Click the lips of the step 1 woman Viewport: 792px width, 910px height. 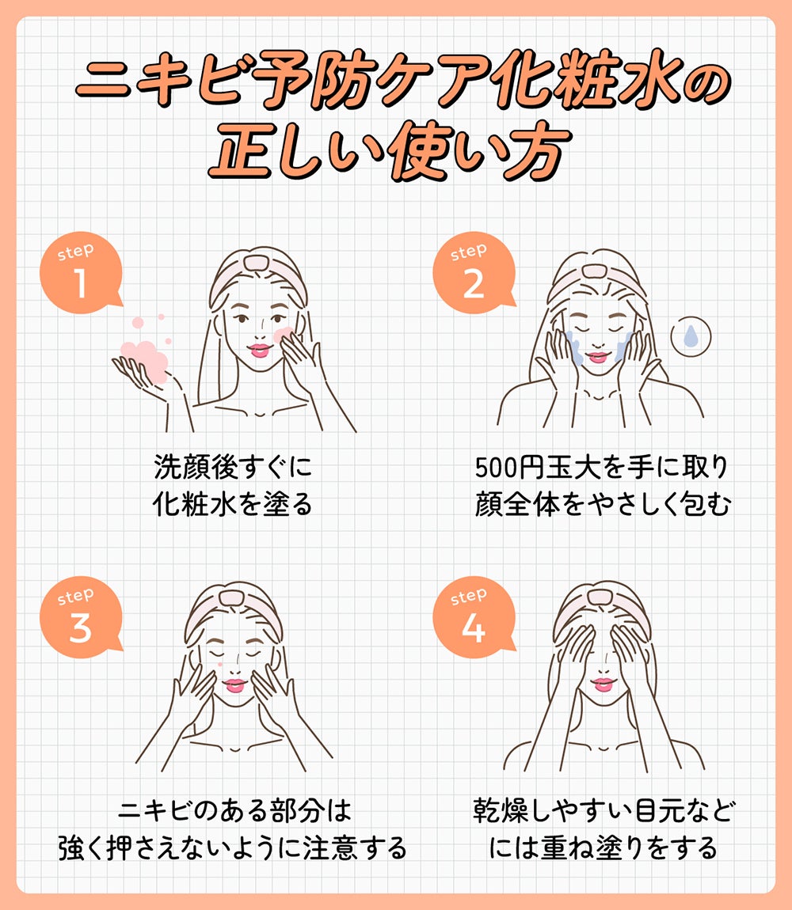(x=259, y=348)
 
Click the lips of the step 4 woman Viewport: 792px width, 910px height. (x=603, y=683)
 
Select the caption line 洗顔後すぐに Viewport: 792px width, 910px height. (x=232, y=468)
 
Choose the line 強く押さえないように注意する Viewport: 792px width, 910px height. (x=232, y=849)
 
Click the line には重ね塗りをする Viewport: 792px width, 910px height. (x=602, y=849)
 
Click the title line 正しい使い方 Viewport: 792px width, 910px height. (x=388, y=150)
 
